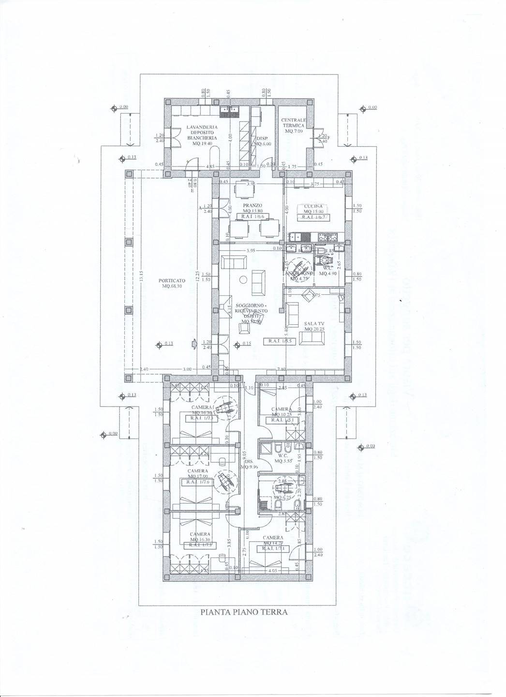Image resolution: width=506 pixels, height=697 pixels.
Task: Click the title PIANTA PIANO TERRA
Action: click(244, 612)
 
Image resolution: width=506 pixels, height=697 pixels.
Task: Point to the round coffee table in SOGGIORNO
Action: click(243, 279)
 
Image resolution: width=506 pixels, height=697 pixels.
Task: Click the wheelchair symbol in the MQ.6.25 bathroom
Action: click(282, 483)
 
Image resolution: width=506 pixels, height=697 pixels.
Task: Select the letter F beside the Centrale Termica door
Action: click(328, 138)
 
